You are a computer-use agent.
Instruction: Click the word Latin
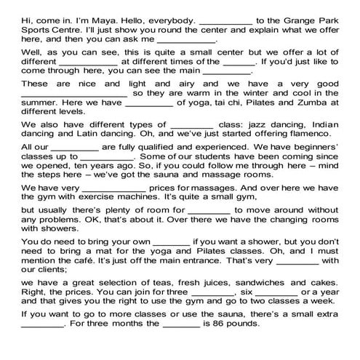(x=100, y=155)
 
